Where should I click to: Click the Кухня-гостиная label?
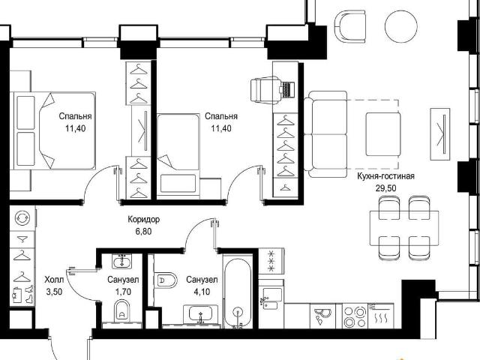pos(385,176)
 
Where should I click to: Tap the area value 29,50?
pos(385,188)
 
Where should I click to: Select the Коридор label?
pos(143,220)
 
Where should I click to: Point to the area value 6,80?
pos(143,232)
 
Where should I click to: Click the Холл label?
pos(54,280)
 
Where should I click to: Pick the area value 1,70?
pos(123,292)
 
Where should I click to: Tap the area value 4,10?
pos(202,292)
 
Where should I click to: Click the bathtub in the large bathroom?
pos(238,292)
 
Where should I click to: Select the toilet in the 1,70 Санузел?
pos(122,310)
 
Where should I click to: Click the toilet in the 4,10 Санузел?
pos(166,280)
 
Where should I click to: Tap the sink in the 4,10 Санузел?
pos(201,313)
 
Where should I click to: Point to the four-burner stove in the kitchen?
pos(355,316)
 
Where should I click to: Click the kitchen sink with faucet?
pos(271,298)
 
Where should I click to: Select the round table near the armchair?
pos(401,26)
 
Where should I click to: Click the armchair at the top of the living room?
pos(350,26)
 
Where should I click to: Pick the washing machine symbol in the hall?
pos(22,217)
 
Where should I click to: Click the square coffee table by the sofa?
pos(383,134)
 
